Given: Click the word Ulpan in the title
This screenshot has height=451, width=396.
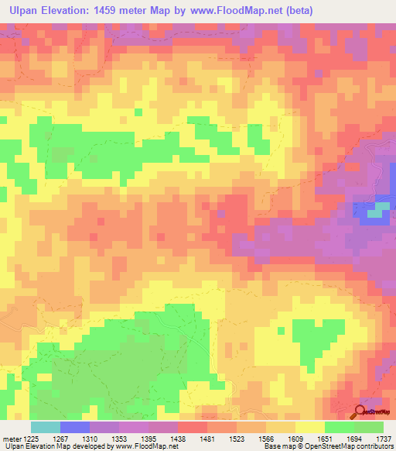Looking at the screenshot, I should coord(26,11).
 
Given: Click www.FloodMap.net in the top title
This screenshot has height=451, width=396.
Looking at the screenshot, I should coord(246,11).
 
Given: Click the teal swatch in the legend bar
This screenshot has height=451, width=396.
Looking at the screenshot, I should coord(45,426).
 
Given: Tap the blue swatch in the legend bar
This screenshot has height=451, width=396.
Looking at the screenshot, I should coord(74,426).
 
